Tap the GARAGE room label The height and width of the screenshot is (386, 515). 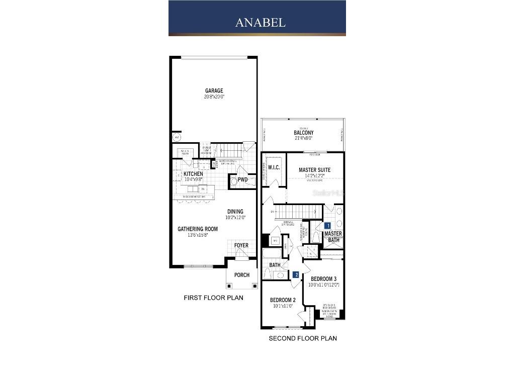click(214, 91)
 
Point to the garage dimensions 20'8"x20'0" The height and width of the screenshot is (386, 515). click(214, 97)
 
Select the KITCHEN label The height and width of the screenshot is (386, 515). click(193, 174)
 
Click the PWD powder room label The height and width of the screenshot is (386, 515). click(243, 179)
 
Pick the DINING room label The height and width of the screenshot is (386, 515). click(235, 212)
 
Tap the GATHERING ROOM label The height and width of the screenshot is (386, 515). click(198, 229)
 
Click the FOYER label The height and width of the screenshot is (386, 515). click(241, 246)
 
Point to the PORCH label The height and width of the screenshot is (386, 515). click(241, 275)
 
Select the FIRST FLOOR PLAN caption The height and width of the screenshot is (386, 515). click(213, 298)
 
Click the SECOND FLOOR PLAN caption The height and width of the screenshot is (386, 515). click(303, 338)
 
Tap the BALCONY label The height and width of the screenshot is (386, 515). click(303, 133)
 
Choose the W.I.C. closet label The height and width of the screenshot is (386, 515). click(274, 167)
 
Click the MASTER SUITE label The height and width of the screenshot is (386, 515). click(314, 170)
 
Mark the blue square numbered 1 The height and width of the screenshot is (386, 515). click(327, 226)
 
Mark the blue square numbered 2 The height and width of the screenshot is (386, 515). click(296, 274)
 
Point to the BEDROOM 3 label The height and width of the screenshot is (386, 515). click(323, 279)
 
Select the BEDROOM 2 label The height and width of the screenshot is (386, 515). click(283, 300)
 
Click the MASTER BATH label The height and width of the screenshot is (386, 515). click(333, 237)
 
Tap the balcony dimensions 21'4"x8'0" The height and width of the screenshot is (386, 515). click(303, 138)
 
